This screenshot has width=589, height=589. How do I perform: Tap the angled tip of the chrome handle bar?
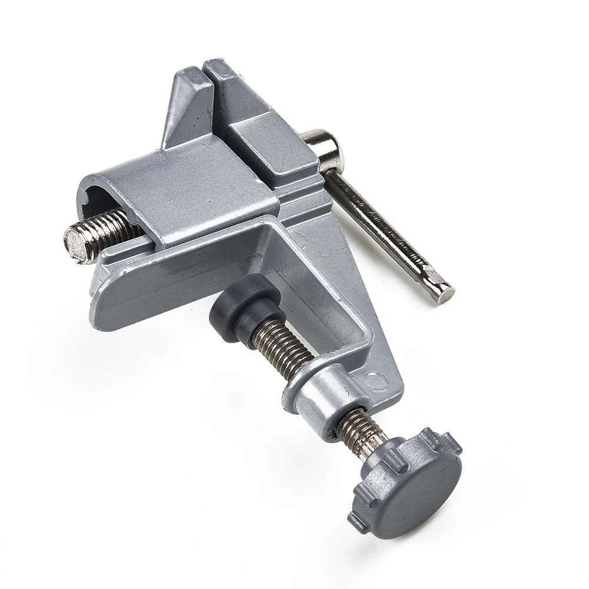click(x=443, y=289)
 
